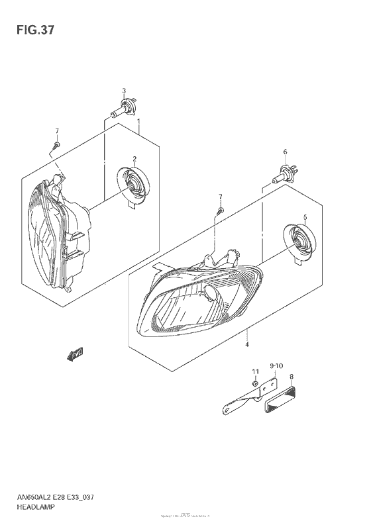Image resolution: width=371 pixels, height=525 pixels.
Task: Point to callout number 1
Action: [x=138, y=122]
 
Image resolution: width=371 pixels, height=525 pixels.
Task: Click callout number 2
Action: [x=134, y=159]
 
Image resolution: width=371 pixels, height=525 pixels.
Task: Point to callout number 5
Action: [x=305, y=216]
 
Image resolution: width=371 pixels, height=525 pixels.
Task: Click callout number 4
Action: [x=247, y=344]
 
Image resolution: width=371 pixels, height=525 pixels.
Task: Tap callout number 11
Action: [x=254, y=371]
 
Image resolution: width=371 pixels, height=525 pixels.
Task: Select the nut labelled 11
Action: [x=254, y=385]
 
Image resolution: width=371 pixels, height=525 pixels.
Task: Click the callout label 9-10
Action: [x=276, y=365]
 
